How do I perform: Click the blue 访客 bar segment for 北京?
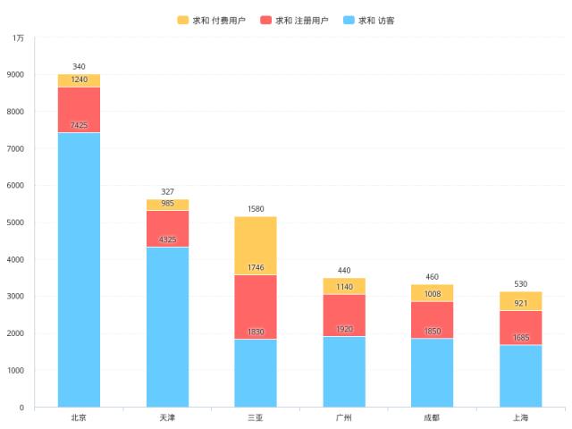pos(79,268)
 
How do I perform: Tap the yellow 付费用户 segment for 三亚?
pos(256,246)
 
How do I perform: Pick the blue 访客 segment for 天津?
pos(167,326)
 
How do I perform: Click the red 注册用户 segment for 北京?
pos(79,109)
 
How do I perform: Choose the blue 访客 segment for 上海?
pos(520,375)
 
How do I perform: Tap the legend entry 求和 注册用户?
pos(294,20)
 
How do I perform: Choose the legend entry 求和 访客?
pos(368,20)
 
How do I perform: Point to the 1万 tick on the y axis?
pos(18,38)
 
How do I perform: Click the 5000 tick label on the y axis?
pos(16,223)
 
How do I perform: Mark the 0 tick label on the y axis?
pos(21,408)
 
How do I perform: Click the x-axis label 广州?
pos(343,417)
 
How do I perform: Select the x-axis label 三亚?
pos(256,417)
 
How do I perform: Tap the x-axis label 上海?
pos(520,417)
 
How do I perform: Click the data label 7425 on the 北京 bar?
pos(79,125)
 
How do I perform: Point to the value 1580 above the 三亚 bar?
pos(256,209)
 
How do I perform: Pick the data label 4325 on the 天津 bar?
pos(167,240)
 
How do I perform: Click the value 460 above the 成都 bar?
pos(432,277)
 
